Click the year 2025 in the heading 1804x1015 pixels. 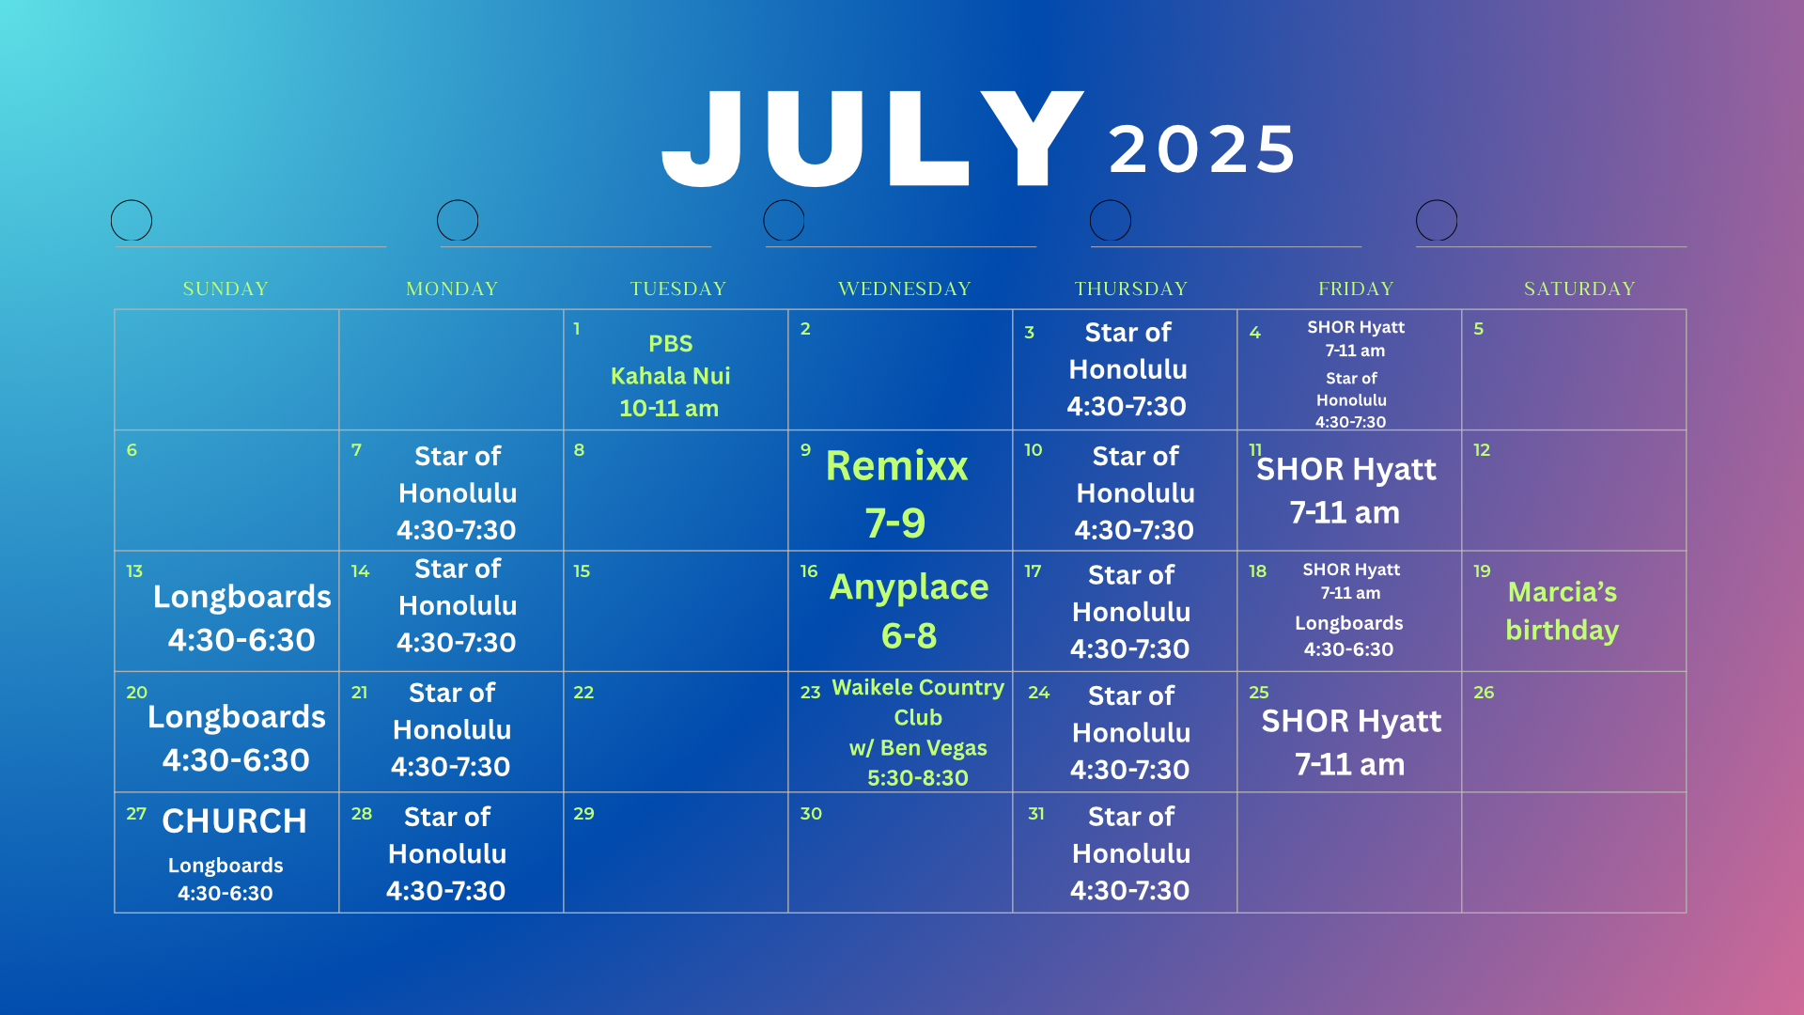[1203, 149]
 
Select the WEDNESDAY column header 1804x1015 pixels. [905, 289]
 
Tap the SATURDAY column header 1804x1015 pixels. [1579, 289]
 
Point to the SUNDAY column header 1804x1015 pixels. [225, 289]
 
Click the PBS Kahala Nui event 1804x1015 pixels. [670, 376]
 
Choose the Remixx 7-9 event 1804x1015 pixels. [896, 494]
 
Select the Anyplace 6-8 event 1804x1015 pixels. [909, 611]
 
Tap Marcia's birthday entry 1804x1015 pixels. [1562, 611]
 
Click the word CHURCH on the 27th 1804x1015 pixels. [234, 821]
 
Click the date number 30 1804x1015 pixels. [811, 814]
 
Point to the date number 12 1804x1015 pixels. [1482, 450]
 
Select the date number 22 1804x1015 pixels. [583, 693]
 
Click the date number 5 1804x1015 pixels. [1478, 329]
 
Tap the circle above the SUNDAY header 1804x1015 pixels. [132, 220]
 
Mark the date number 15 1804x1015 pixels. [582, 571]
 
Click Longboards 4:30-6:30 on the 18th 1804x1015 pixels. [1348, 636]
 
